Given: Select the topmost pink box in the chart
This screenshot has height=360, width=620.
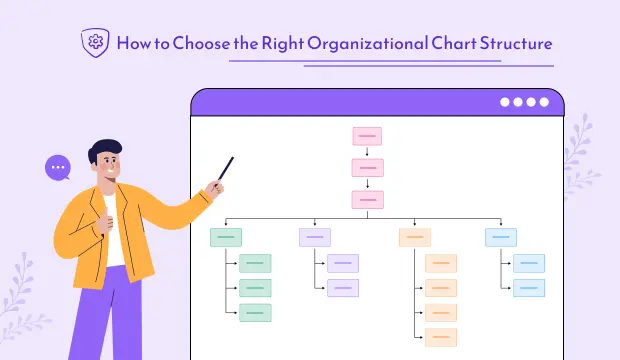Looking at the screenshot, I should (367, 136).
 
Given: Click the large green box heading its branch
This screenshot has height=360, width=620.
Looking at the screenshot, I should (226, 237).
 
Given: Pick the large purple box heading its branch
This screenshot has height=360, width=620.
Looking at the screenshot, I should (315, 237).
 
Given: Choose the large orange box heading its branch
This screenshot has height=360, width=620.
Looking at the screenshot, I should (414, 237).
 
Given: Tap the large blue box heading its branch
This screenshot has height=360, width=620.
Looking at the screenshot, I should (501, 237).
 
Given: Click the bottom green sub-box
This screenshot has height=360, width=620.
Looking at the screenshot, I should (255, 313).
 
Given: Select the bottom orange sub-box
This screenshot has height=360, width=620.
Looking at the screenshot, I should (441, 337).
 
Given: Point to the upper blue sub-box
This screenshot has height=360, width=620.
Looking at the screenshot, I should (529, 263).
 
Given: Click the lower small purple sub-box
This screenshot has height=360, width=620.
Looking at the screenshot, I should (343, 288).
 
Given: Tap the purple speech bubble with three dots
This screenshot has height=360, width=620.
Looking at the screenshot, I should (58, 167).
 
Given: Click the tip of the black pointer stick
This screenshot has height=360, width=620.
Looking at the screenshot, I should (232, 158).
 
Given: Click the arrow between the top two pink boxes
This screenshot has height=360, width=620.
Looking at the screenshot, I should (367, 152).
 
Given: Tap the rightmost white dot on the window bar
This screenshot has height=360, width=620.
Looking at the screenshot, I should (545, 102).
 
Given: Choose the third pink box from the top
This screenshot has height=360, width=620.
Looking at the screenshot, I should (367, 199).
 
